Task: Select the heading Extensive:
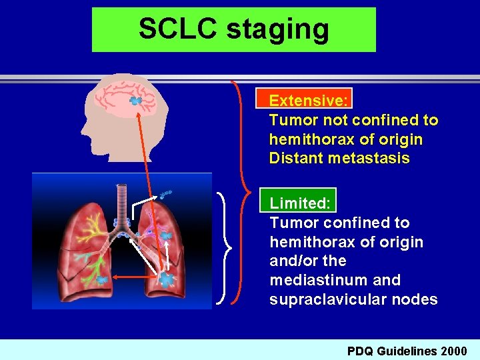(x=308, y=101)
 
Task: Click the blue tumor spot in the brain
(x=136, y=101)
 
